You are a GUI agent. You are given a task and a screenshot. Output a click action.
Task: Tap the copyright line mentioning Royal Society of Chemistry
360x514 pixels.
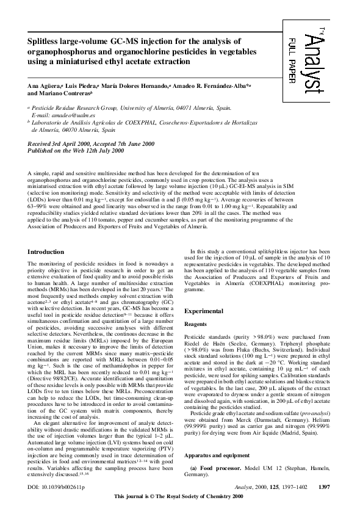click(180, 498)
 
